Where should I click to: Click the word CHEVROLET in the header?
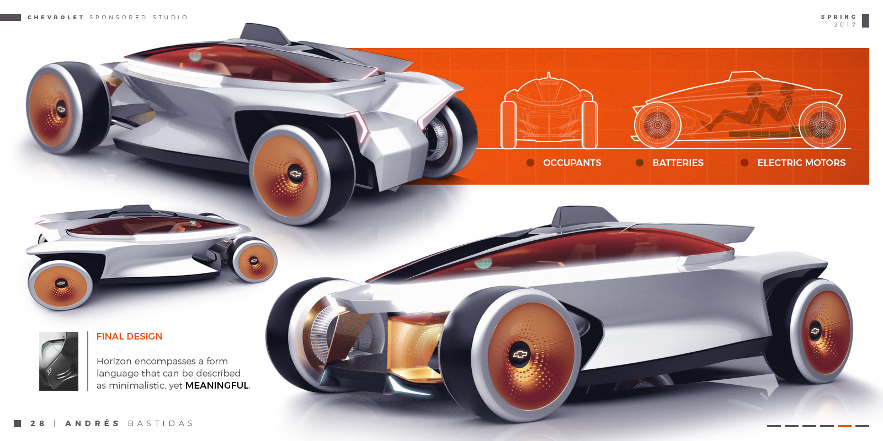[x=55, y=18]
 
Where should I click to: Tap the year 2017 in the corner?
[x=844, y=25]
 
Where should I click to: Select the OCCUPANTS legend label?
[x=572, y=163]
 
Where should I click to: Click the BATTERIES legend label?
[x=678, y=163]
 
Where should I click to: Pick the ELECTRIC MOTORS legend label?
[x=801, y=163]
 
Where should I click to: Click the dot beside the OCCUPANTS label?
[x=530, y=163]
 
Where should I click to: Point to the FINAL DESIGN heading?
[x=129, y=336]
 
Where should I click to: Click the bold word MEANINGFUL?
[x=217, y=385]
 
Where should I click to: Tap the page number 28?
[x=38, y=423]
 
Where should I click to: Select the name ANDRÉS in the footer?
[x=92, y=423]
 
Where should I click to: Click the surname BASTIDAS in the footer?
[x=161, y=423]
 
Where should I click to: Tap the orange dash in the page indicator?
[x=844, y=426]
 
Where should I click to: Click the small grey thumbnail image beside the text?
[x=58, y=361]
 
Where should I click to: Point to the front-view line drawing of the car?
[x=549, y=113]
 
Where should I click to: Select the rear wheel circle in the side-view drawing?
[x=822, y=125]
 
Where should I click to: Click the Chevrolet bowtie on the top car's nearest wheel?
[x=296, y=174]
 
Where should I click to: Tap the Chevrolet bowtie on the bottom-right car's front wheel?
[x=520, y=354]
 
